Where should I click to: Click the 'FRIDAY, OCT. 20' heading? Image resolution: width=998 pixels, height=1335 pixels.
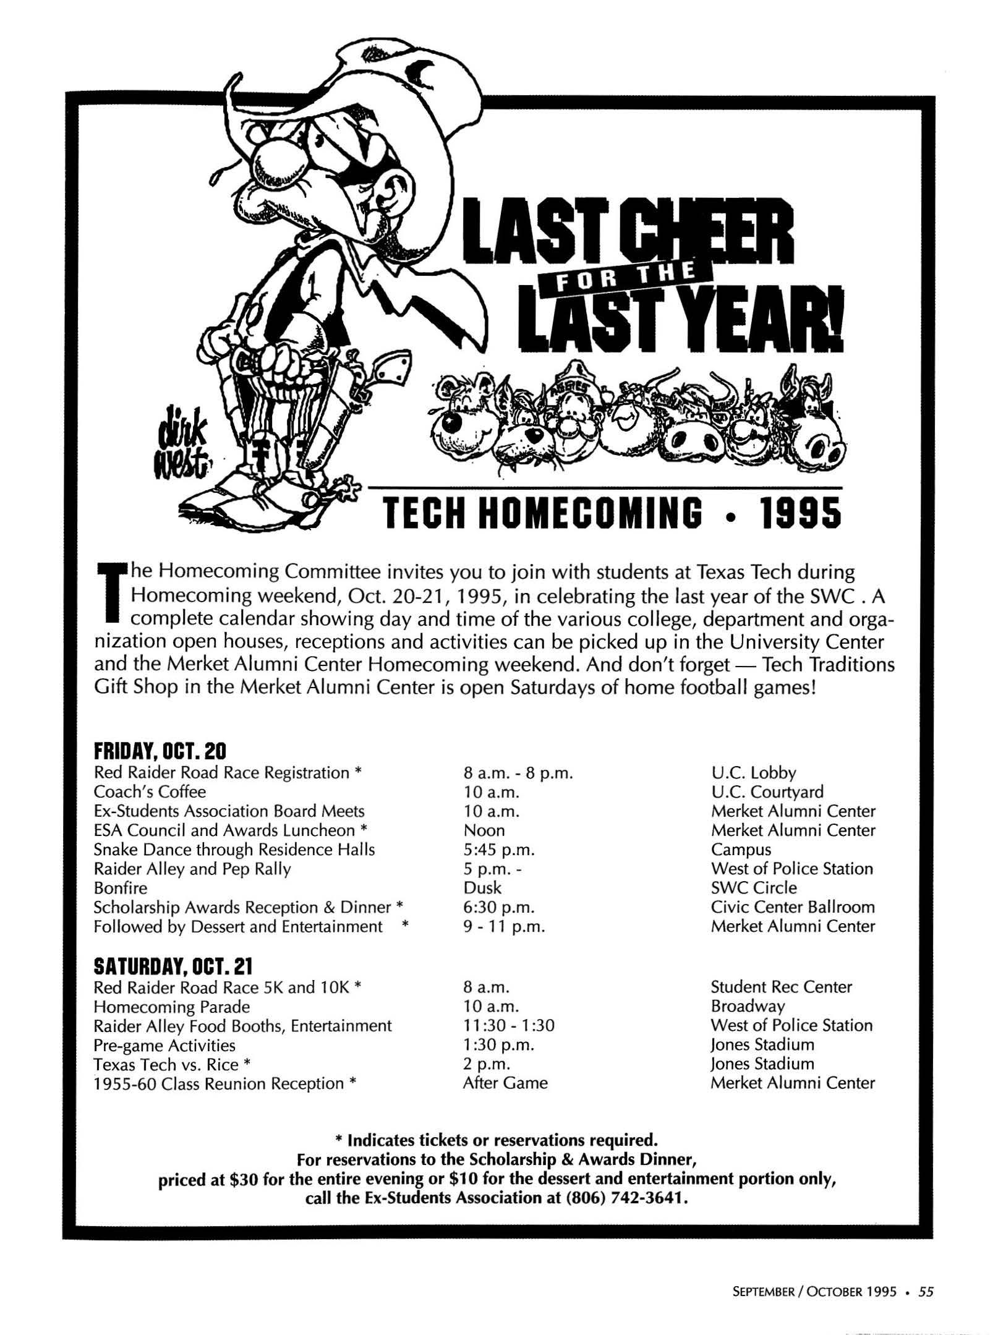tap(161, 751)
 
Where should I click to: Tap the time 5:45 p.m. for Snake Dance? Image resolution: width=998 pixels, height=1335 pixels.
tap(498, 850)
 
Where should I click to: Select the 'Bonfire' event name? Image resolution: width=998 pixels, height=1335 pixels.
tap(121, 888)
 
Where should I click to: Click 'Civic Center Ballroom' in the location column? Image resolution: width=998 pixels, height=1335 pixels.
tap(793, 907)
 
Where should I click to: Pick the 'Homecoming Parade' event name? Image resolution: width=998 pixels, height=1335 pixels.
tap(172, 1007)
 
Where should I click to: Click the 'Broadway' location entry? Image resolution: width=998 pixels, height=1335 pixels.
tap(748, 1007)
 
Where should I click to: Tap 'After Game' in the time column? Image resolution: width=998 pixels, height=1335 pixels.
tap(505, 1083)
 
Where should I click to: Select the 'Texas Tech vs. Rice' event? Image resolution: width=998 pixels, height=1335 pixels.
tap(166, 1064)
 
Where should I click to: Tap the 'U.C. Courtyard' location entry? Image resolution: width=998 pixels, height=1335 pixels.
tap(767, 792)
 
